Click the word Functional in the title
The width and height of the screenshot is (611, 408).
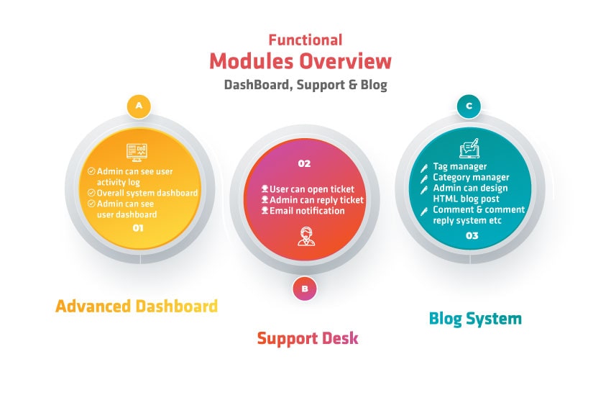click(305, 40)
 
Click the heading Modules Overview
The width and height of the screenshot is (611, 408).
click(301, 61)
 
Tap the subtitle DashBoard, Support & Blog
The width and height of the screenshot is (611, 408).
click(305, 85)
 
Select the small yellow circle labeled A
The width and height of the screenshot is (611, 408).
click(139, 106)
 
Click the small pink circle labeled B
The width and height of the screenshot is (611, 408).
click(305, 289)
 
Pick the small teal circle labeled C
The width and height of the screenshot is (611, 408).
click(469, 106)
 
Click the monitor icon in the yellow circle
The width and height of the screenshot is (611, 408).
click(137, 151)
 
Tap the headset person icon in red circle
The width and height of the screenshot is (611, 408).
click(305, 237)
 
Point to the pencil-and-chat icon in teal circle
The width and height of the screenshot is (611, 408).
click(469, 150)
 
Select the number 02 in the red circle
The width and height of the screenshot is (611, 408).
click(304, 163)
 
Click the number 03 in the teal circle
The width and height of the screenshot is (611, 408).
click(472, 235)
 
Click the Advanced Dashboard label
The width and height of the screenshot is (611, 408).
click(137, 306)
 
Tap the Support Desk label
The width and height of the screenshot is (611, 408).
click(308, 337)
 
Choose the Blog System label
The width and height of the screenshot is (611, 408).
click(475, 318)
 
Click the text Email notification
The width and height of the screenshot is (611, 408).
click(307, 211)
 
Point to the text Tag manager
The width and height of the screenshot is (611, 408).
click(459, 167)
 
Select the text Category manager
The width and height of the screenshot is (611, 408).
click(471, 177)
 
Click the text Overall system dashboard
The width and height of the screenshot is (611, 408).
click(147, 193)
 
